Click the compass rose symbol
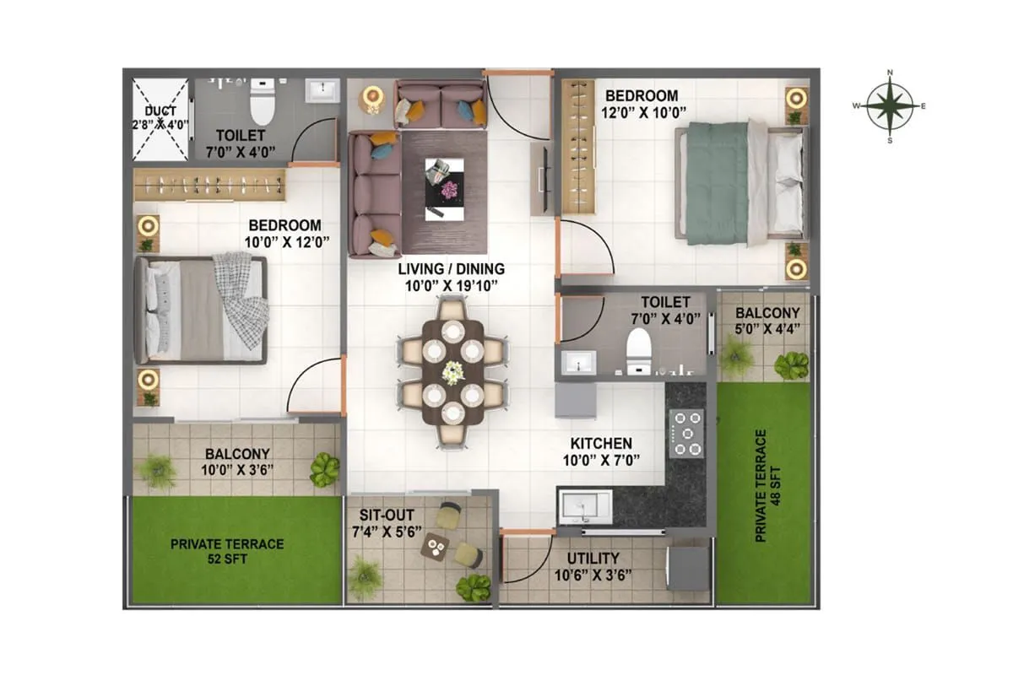[x=889, y=106]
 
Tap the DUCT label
[x=160, y=111]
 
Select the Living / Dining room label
[x=452, y=269]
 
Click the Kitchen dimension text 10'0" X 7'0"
[x=600, y=460]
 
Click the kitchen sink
[x=582, y=507]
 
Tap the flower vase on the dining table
[x=453, y=372]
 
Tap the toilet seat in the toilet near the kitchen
[x=638, y=348]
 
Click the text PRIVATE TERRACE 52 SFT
[x=227, y=551]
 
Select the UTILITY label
[x=593, y=558]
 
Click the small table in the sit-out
[x=436, y=547]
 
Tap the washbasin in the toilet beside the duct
[x=322, y=89]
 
